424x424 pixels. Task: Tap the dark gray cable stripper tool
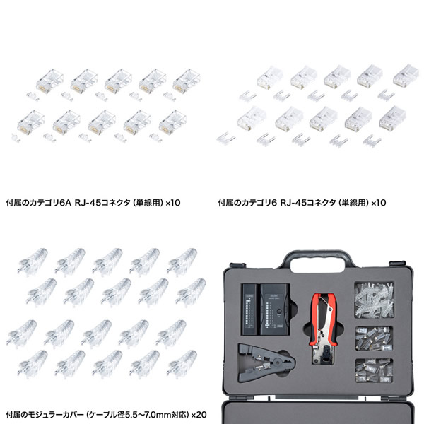(x=266, y=363)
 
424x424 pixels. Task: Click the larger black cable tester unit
(x=275, y=309)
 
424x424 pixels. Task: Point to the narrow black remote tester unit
(x=250, y=309)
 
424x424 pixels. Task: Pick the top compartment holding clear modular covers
(x=374, y=300)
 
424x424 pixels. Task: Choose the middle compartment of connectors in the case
(x=374, y=338)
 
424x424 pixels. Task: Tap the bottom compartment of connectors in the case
(x=374, y=370)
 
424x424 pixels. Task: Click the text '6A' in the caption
(x=65, y=203)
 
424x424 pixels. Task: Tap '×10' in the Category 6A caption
(x=173, y=203)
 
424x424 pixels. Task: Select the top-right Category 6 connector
(x=406, y=75)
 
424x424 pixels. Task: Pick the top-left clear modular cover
(x=33, y=261)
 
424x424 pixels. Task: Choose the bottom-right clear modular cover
(x=182, y=364)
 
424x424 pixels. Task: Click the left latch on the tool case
(x=237, y=265)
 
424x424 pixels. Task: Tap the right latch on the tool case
(x=397, y=263)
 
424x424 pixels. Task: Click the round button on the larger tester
(x=279, y=312)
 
